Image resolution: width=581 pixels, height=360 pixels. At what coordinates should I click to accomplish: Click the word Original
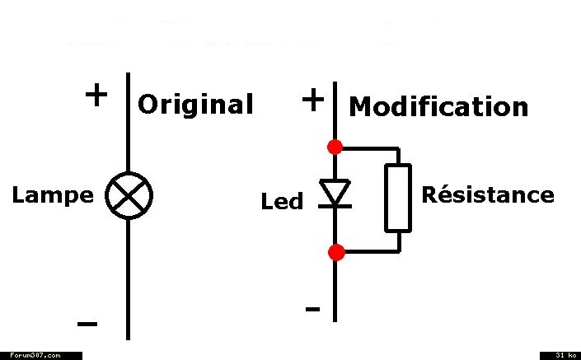195,105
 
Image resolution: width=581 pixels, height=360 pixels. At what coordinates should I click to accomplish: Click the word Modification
438,106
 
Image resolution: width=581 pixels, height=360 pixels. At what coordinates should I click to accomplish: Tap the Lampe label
53,195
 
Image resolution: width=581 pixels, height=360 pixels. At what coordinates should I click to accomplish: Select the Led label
282,201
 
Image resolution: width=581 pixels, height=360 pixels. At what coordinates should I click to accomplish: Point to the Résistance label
488,194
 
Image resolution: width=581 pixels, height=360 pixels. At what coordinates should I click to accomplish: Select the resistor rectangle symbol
398,199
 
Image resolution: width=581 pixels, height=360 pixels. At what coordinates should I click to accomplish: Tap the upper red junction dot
335,147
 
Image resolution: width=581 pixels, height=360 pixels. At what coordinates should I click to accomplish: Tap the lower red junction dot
336,252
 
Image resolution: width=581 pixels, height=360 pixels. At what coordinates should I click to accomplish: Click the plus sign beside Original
96,95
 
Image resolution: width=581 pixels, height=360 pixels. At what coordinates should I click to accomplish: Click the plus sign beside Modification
313,100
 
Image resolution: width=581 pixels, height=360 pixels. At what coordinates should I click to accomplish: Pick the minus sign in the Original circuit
87,324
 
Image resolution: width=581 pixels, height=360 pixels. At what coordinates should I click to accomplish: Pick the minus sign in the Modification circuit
312,309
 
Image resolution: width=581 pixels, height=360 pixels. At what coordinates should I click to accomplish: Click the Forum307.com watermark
35,356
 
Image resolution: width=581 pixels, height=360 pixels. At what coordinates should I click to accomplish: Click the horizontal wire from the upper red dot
371,148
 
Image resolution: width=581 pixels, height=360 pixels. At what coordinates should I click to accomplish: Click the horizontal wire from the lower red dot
372,251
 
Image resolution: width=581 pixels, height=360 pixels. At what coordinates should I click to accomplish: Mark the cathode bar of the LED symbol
335,206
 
